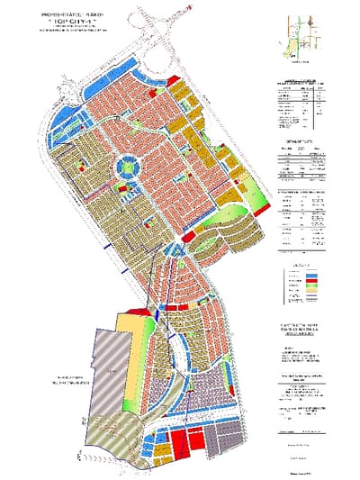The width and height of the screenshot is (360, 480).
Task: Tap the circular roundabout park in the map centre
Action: (129, 168)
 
